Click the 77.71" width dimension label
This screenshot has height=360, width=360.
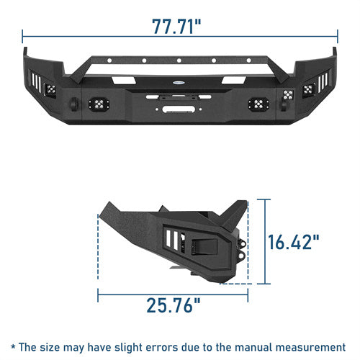[x=176, y=26]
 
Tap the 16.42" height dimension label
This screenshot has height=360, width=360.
[x=294, y=242]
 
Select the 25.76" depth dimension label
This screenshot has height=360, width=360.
[x=174, y=305]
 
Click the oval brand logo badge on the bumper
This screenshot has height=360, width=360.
[x=179, y=83]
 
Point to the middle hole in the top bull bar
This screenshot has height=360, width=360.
[x=179, y=60]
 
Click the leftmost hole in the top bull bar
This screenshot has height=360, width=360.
[x=109, y=60]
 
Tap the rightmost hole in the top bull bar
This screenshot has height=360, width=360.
[x=249, y=60]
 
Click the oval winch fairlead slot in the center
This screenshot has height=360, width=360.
[x=179, y=109]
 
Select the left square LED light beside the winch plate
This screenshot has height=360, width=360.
[x=99, y=104]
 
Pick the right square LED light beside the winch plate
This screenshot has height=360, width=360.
[x=258, y=104]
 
